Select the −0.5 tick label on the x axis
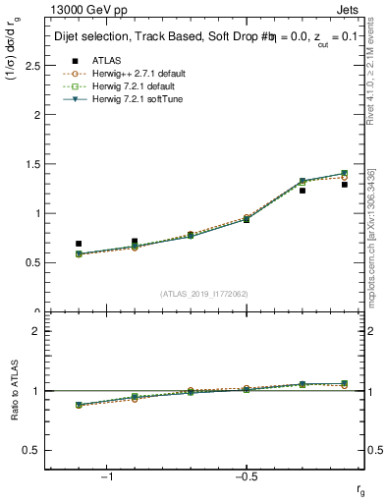[x=245, y=477]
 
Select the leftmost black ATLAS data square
[x=79, y=244]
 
